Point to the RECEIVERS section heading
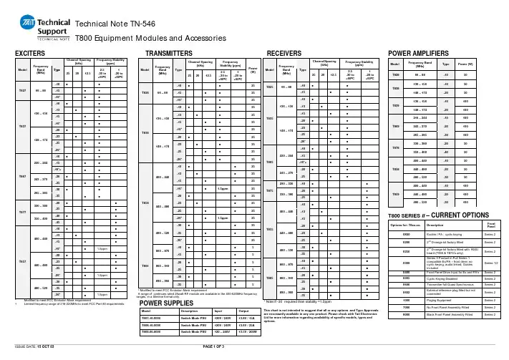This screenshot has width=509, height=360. tap(284, 54)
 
